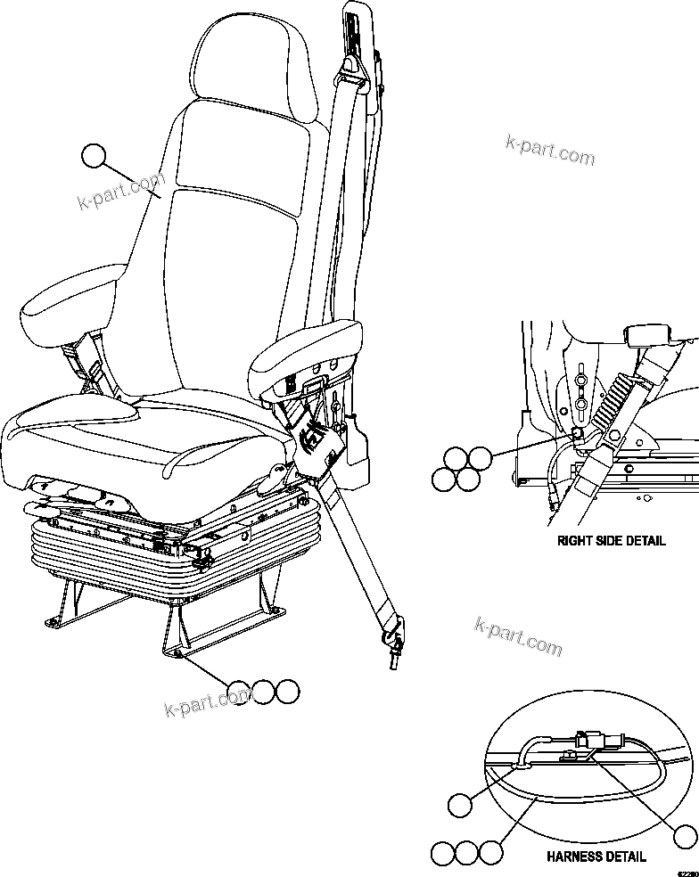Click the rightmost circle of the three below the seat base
(286, 692)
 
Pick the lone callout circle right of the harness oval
(684, 837)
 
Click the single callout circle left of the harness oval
(459, 807)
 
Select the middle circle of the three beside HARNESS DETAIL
(466, 853)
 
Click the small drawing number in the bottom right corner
(687, 871)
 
